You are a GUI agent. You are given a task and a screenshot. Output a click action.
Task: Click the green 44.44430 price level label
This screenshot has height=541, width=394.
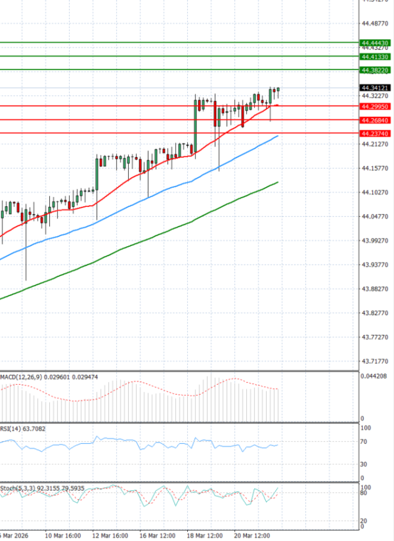(x=376, y=43)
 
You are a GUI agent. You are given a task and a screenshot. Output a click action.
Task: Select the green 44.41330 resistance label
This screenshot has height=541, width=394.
(x=376, y=57)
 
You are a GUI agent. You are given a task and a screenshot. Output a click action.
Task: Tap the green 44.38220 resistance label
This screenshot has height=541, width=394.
(x=376, y=70)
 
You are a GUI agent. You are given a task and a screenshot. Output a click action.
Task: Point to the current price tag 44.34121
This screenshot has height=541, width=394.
(x=376, y=88)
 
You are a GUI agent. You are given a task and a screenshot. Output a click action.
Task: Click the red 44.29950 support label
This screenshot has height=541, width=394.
(x=376, y=106)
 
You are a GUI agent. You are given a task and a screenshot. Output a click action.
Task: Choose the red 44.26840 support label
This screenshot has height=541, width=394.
(x=376, y=120)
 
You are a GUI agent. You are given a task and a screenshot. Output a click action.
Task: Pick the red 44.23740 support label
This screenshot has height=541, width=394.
(x=376, y=133)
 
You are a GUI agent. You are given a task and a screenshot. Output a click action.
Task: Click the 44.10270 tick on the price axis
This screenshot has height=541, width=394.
(x=376, y=192)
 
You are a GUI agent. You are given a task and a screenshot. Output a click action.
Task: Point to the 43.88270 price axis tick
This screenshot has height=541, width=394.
(x=376, y=289)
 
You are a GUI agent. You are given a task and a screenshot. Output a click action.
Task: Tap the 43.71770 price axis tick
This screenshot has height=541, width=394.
(x=376, y=362)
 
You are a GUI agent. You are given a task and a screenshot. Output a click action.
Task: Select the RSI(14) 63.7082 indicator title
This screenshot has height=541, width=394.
(x=24, y=429)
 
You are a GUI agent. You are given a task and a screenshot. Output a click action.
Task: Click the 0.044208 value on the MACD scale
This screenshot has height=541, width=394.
(x=374, y=376)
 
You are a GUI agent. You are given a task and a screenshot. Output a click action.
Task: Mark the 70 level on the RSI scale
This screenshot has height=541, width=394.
(x=363, y=443)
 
